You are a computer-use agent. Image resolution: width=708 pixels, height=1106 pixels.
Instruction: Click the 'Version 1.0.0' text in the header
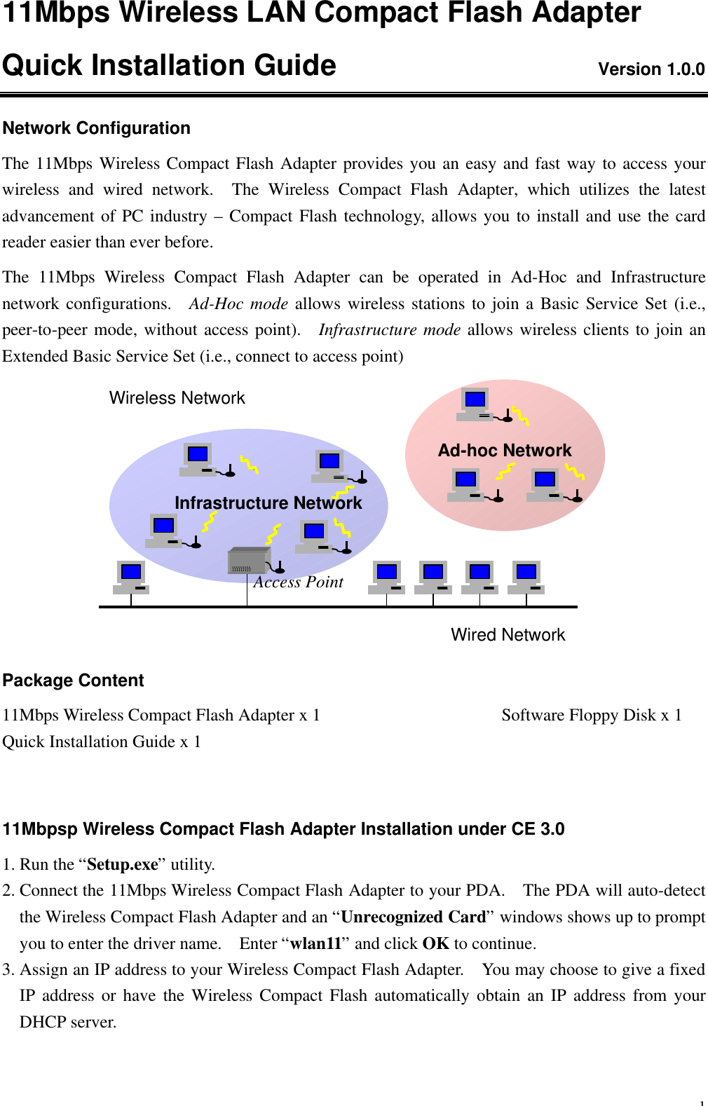[651, 69]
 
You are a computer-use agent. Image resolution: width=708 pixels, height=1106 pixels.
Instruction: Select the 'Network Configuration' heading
[97, 128]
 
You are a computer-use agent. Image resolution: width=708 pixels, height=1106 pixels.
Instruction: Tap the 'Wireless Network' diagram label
[177, 398]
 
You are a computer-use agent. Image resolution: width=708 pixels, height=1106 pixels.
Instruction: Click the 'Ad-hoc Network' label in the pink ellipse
[505, 451]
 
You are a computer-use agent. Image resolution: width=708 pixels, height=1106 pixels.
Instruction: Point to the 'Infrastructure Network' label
[268, 503]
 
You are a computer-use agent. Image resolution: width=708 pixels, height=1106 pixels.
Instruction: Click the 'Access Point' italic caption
[299, 582]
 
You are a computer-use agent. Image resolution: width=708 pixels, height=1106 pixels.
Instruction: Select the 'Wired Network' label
[508, 635]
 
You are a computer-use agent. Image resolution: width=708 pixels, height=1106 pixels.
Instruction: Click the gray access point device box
[249, 561]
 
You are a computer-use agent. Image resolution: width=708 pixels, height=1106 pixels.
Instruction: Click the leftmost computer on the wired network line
[131, 576]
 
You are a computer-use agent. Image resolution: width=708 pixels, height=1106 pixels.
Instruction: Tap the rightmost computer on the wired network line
[526, 576]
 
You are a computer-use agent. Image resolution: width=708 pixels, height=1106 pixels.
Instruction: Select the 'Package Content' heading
[73, 681]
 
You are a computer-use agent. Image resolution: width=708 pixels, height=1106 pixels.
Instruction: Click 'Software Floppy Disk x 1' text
[591, 715]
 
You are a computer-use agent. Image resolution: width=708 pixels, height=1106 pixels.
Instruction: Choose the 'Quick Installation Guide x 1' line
[102, 742]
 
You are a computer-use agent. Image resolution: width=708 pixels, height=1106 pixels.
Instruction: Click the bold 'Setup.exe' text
[123, 864]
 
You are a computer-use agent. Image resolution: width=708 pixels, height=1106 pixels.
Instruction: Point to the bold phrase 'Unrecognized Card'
[413, 917]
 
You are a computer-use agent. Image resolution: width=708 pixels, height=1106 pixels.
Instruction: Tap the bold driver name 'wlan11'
[315, 943]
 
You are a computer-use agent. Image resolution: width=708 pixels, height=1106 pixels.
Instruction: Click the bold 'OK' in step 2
[435, 943]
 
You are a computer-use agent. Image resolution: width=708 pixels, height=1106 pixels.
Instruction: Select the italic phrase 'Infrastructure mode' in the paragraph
[389, 330]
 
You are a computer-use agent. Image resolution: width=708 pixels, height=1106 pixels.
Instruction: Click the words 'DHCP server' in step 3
[67, 1022]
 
